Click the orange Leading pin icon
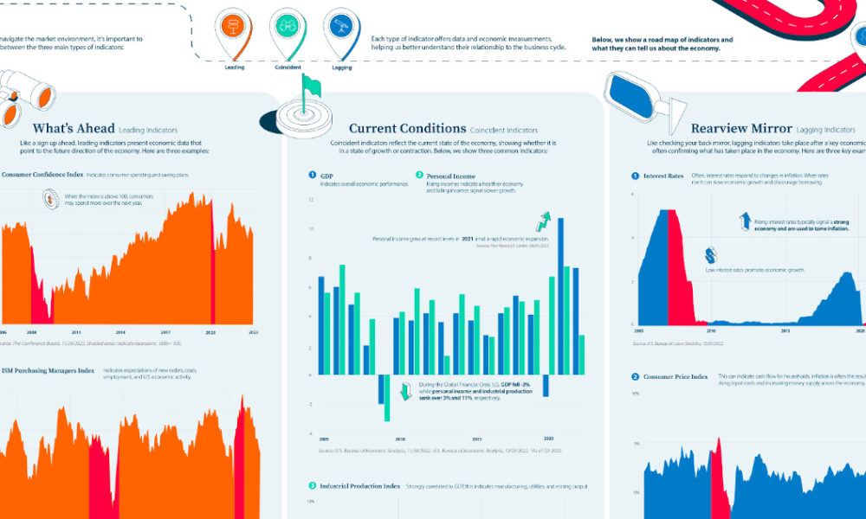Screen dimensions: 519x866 pyautogui.click(x=235, y=29)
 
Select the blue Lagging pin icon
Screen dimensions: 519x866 pyautogui.click(x=340, y=29)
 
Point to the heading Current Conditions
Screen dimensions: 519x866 pyautogui.click(x=407, y=129)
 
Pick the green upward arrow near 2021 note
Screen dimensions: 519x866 pyautogui.click(x=543, y=221)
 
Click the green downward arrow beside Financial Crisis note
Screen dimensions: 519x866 pyautogui.click(x=404, y=392)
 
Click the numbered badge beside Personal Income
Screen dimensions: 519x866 pyautogui.click(x=419, y=175)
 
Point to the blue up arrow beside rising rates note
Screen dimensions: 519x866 pyautogui.click(x=745, y=221)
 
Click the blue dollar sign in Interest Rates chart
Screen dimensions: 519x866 pyautogui.click(x=712, y=256)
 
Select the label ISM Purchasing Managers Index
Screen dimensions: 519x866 pyautogui.click(x=48, y=371)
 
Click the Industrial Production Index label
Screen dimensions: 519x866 pyautogui.click(x=359, y=486)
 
